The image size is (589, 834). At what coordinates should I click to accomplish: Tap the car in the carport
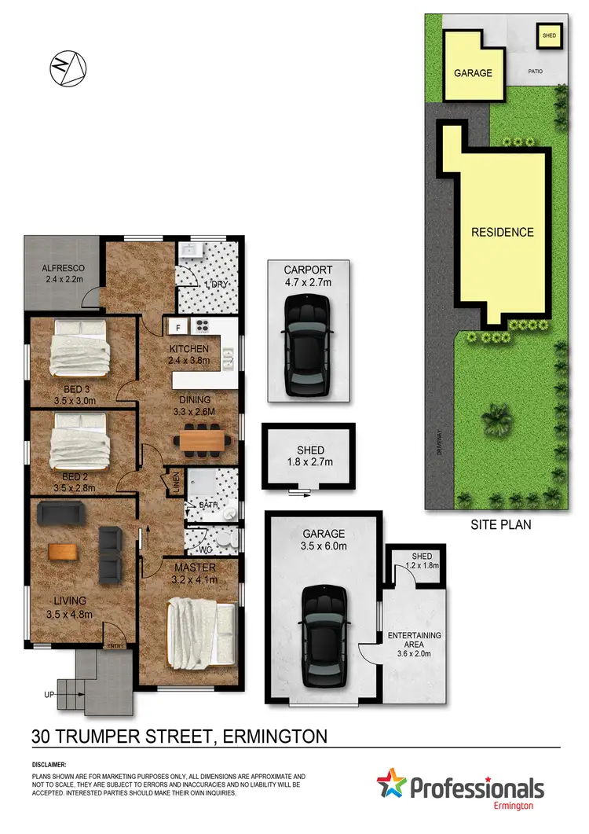click(306, 345)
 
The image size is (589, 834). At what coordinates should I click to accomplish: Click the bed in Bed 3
click(79, 347)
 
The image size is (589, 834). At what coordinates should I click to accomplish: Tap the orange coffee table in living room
click(64, 551)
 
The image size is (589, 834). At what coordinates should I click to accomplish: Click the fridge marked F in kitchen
click(178, 327)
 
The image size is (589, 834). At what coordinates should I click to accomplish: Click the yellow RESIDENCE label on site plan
click(502, 232)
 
